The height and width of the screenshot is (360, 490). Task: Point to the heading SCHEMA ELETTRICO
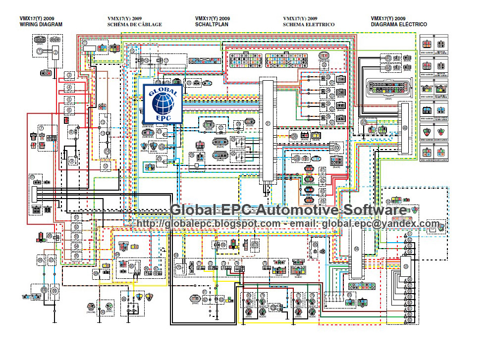pos(309,24)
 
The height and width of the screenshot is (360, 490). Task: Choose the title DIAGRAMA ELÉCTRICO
pos(399,24)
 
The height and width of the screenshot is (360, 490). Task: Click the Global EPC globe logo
pos(162,103)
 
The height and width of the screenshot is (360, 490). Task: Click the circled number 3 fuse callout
pos(69,75)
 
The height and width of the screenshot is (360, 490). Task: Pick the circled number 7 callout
pos(42,128)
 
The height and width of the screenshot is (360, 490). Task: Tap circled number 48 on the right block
pos(405,127)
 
